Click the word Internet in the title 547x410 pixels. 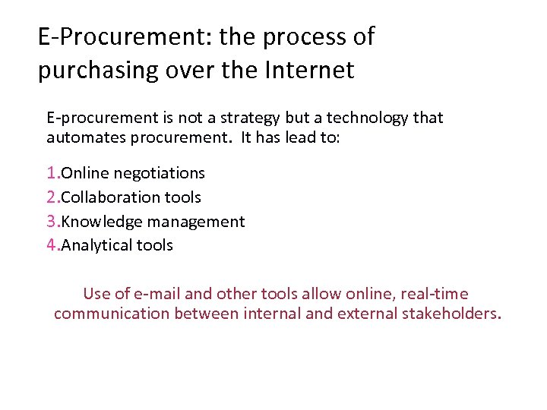(311, 70)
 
